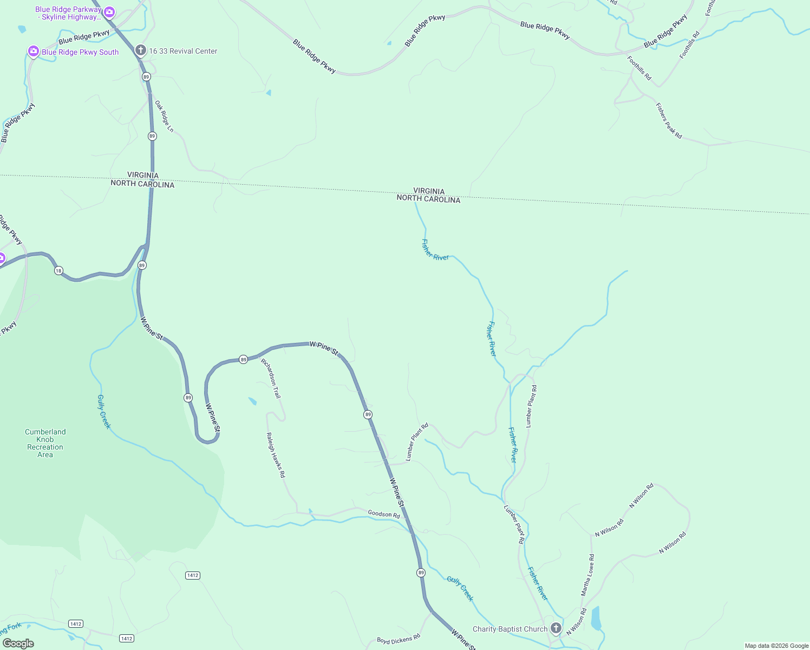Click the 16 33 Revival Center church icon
click(141, 51)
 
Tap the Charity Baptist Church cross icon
click(556, 628)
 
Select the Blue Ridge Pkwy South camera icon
click(34, 51)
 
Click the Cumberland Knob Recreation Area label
click(45, 443)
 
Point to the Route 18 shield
click(58, 270)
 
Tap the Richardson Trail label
click(271, 378)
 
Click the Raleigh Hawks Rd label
click(276, 454)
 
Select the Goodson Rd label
click(383, 513)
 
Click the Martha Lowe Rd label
click(587, 575)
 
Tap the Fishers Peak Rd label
click(669, 121)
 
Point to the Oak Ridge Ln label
click(164, 116)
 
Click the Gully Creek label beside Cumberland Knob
click(104, 412)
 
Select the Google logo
click(18, 643)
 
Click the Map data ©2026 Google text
click(776, 646)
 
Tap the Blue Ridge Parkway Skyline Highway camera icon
click(109, 12)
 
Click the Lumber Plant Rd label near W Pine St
click(417, 441)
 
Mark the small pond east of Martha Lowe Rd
click(596, 618)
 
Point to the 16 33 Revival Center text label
click(183, 51)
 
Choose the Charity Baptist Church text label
click(510, 629)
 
